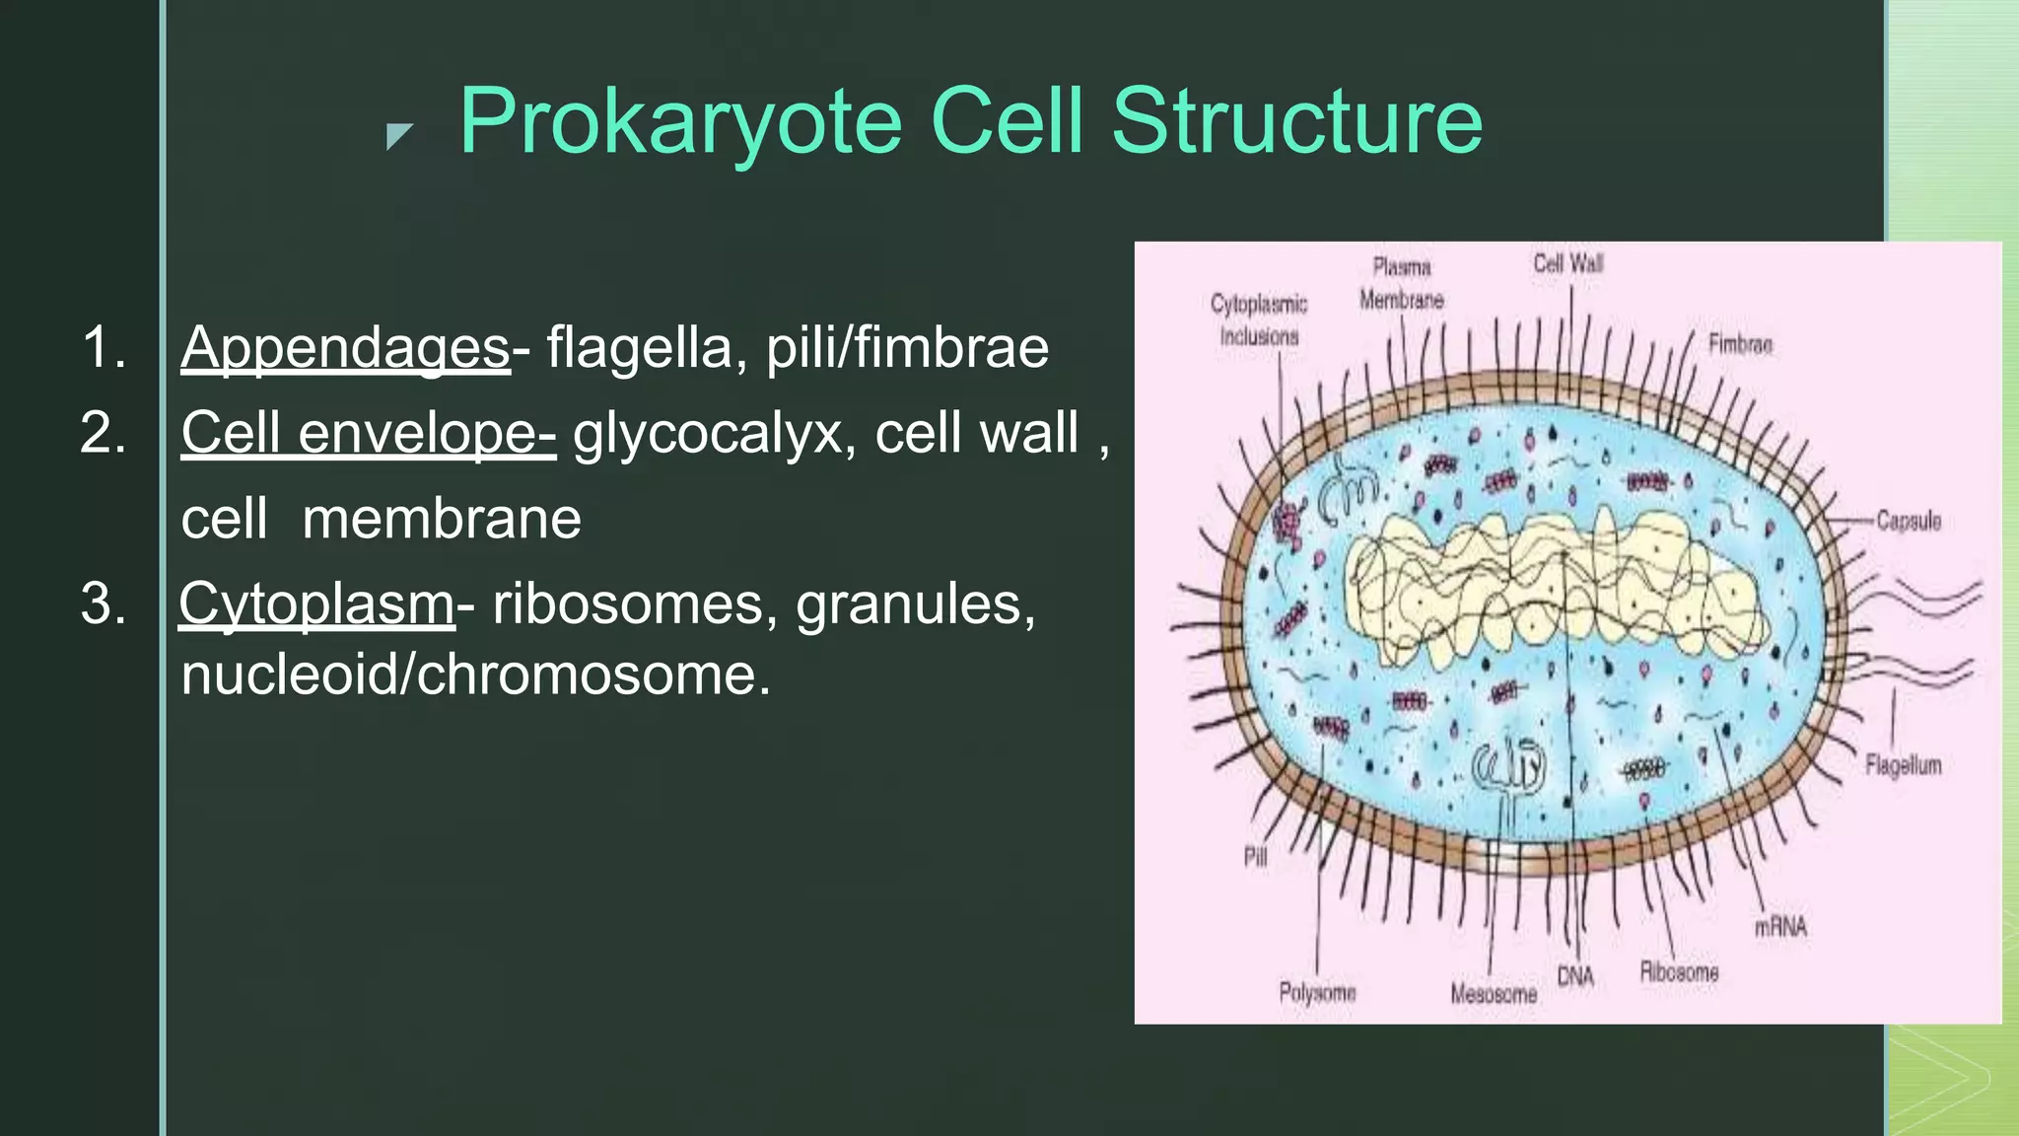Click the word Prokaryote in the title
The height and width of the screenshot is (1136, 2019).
point(680,121)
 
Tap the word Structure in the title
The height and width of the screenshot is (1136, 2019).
point(1296,121)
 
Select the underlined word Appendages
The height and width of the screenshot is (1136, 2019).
point(345,347)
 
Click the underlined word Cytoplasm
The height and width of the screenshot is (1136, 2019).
point(316,603)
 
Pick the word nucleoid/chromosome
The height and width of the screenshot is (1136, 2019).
point(475,674)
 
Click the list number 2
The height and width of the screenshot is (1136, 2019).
point(104,433)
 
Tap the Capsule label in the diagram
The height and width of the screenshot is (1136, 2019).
point(1908,520)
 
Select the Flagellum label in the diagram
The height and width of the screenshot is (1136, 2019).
point(1903,764)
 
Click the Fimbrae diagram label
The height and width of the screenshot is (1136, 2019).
point(1740,344)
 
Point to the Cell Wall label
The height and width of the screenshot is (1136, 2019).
point(1567,263)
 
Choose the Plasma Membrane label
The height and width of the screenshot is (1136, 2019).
point(1401,283)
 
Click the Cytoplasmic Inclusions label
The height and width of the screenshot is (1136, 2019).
point(1259,319)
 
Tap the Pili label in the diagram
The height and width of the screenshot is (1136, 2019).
point(1255,856)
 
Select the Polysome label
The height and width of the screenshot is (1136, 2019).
point(1317,992)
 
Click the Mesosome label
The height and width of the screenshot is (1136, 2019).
point(1494,994)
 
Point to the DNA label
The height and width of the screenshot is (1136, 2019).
point(1575,976)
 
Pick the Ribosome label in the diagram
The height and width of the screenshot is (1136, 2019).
point(1679,972)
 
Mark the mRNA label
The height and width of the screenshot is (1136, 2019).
point(1780,927)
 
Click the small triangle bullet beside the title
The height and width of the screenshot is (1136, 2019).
point(398,136)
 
